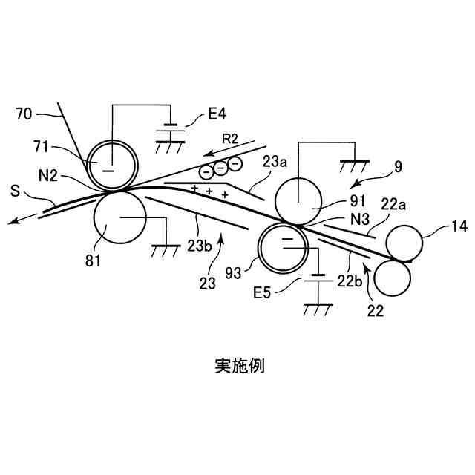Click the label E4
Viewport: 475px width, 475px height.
coord(217,114)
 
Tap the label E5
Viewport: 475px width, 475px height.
coord(263,292)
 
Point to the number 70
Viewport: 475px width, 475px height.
coord(25,114)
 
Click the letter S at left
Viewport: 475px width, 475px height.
coord(16,191)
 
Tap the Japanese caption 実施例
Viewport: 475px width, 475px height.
coord(239,365)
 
